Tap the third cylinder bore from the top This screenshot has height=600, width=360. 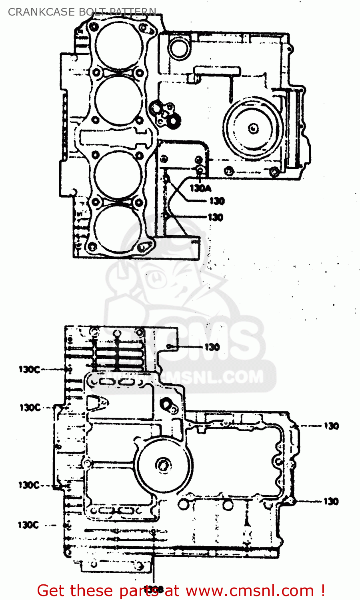click(x=118, y=175)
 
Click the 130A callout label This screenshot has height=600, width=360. click(x=200, y=188)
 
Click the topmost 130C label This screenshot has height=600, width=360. click(x=30, y=370)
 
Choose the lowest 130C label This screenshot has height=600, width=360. click(x=28, y=525)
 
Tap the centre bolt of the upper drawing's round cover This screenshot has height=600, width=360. click(x=253, y=128)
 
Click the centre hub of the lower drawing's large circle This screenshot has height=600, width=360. click(x=163, y=465)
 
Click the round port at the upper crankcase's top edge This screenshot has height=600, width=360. click(x=178, y=48)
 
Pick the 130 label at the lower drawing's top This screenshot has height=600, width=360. click(x=212, y=347)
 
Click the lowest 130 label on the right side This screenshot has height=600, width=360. click(x=331, y=501)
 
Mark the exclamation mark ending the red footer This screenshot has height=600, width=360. click(x=322, y=590)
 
